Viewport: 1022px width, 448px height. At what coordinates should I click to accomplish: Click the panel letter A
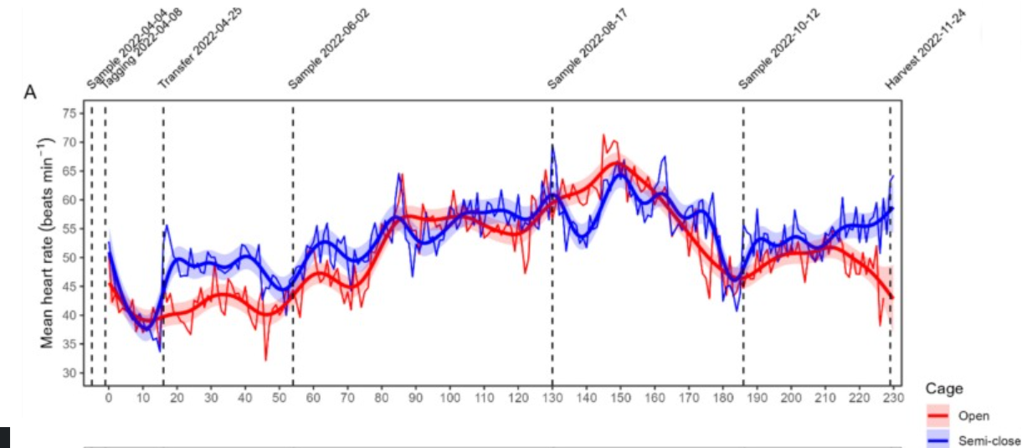click(x=29, y=92)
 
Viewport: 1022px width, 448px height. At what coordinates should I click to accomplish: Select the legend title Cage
click(x=943, y=389)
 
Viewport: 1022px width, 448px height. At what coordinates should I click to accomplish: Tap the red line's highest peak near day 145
click(x=603, y=135)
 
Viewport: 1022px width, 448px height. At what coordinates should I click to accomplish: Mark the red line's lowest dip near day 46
click(x=265, y=360)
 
